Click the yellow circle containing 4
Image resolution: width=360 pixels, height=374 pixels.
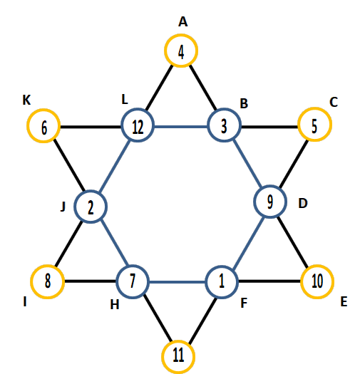181,36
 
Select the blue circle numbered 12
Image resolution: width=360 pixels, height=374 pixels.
138,110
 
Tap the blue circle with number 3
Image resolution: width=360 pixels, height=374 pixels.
224,110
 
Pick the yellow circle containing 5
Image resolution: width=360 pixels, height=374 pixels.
315,109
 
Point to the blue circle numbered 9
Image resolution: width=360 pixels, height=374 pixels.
269,186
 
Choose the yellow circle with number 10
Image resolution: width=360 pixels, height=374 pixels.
317,266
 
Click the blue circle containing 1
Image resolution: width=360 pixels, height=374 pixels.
222,267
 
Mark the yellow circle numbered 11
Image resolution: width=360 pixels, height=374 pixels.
178,342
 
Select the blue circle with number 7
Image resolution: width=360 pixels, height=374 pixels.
133,266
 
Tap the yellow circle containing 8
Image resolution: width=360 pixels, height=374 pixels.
48,266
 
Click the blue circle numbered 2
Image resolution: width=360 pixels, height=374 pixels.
91,192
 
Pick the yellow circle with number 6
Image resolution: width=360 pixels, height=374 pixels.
43,110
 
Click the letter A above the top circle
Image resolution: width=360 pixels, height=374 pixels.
183,22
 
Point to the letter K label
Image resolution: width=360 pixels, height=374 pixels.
26,100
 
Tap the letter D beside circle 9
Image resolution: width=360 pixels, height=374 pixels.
303,204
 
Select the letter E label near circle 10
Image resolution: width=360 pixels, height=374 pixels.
344,302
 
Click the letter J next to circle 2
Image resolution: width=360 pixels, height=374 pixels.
63,207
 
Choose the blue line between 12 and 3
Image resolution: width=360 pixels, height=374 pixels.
181,126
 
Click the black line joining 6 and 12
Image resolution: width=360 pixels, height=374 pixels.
91,127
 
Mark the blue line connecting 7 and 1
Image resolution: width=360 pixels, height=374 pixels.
178,282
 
